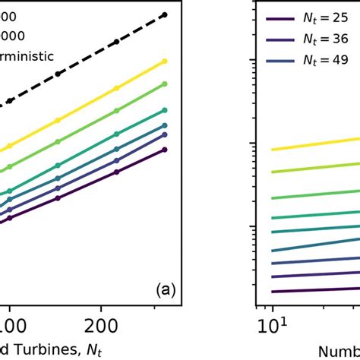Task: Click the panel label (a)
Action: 166,289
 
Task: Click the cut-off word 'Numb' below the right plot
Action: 336,351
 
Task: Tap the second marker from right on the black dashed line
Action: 116,42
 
